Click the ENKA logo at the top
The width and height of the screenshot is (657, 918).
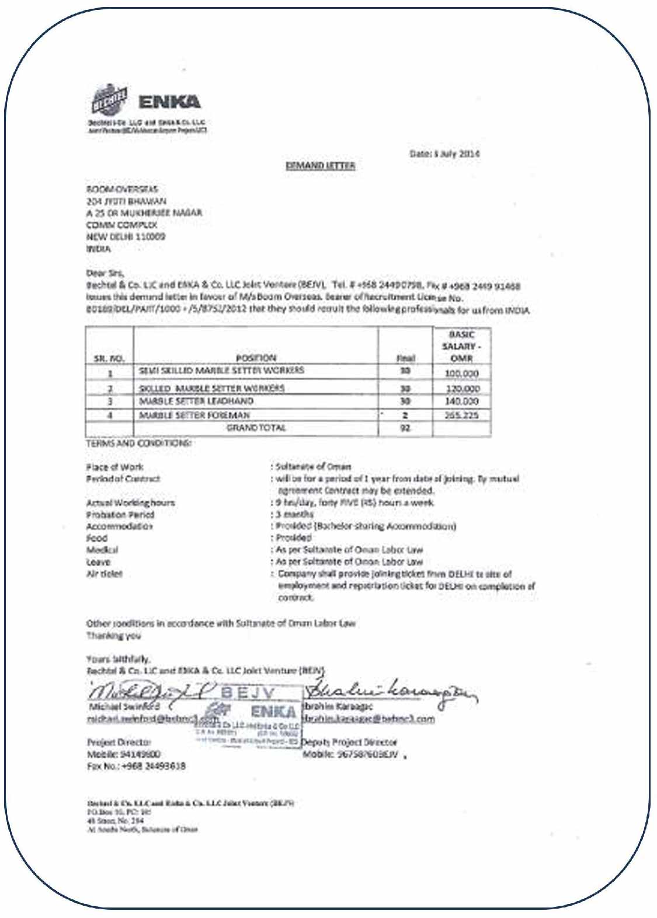[x=169, y=102]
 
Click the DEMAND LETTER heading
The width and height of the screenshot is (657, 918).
[x=321, y=166]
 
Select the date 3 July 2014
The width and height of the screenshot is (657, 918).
[x=445, y=154]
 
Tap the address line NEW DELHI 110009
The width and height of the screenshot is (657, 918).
[x=126, y=237]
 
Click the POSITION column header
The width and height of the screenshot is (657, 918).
[x=256, y=358]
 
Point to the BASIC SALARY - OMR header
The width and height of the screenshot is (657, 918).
[x=461, y=346]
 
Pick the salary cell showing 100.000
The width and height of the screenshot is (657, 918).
[x=461, y=373]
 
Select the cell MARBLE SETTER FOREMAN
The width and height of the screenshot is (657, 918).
[x=194, y=415]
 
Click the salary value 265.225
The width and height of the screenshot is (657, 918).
[x=461, y=416]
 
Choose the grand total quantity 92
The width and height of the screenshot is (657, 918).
[x=405, y=428]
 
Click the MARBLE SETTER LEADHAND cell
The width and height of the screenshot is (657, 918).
[x=196, y=402]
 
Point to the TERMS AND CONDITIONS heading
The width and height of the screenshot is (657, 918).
[x=138, y=443]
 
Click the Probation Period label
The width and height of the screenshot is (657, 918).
[x=120, y=515]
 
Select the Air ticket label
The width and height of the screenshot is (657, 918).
[x=105, y=574]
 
